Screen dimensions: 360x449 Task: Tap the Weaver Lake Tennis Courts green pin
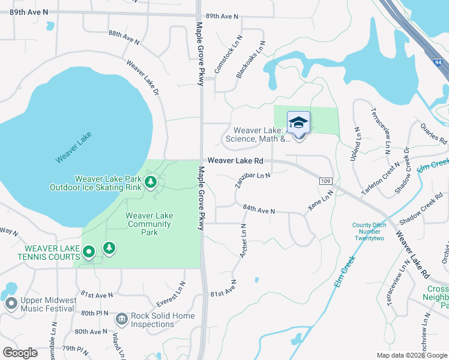click(89, 252)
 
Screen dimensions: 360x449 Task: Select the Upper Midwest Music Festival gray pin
click(11, 304)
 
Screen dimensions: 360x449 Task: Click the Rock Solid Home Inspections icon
click(121, 318)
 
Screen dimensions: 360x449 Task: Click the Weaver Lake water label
click(74, 147)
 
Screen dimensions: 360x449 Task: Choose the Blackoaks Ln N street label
click(250, 60)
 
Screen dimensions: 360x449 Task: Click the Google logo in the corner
click(20, 353)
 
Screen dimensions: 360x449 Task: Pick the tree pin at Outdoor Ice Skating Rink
click(151, 182)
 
